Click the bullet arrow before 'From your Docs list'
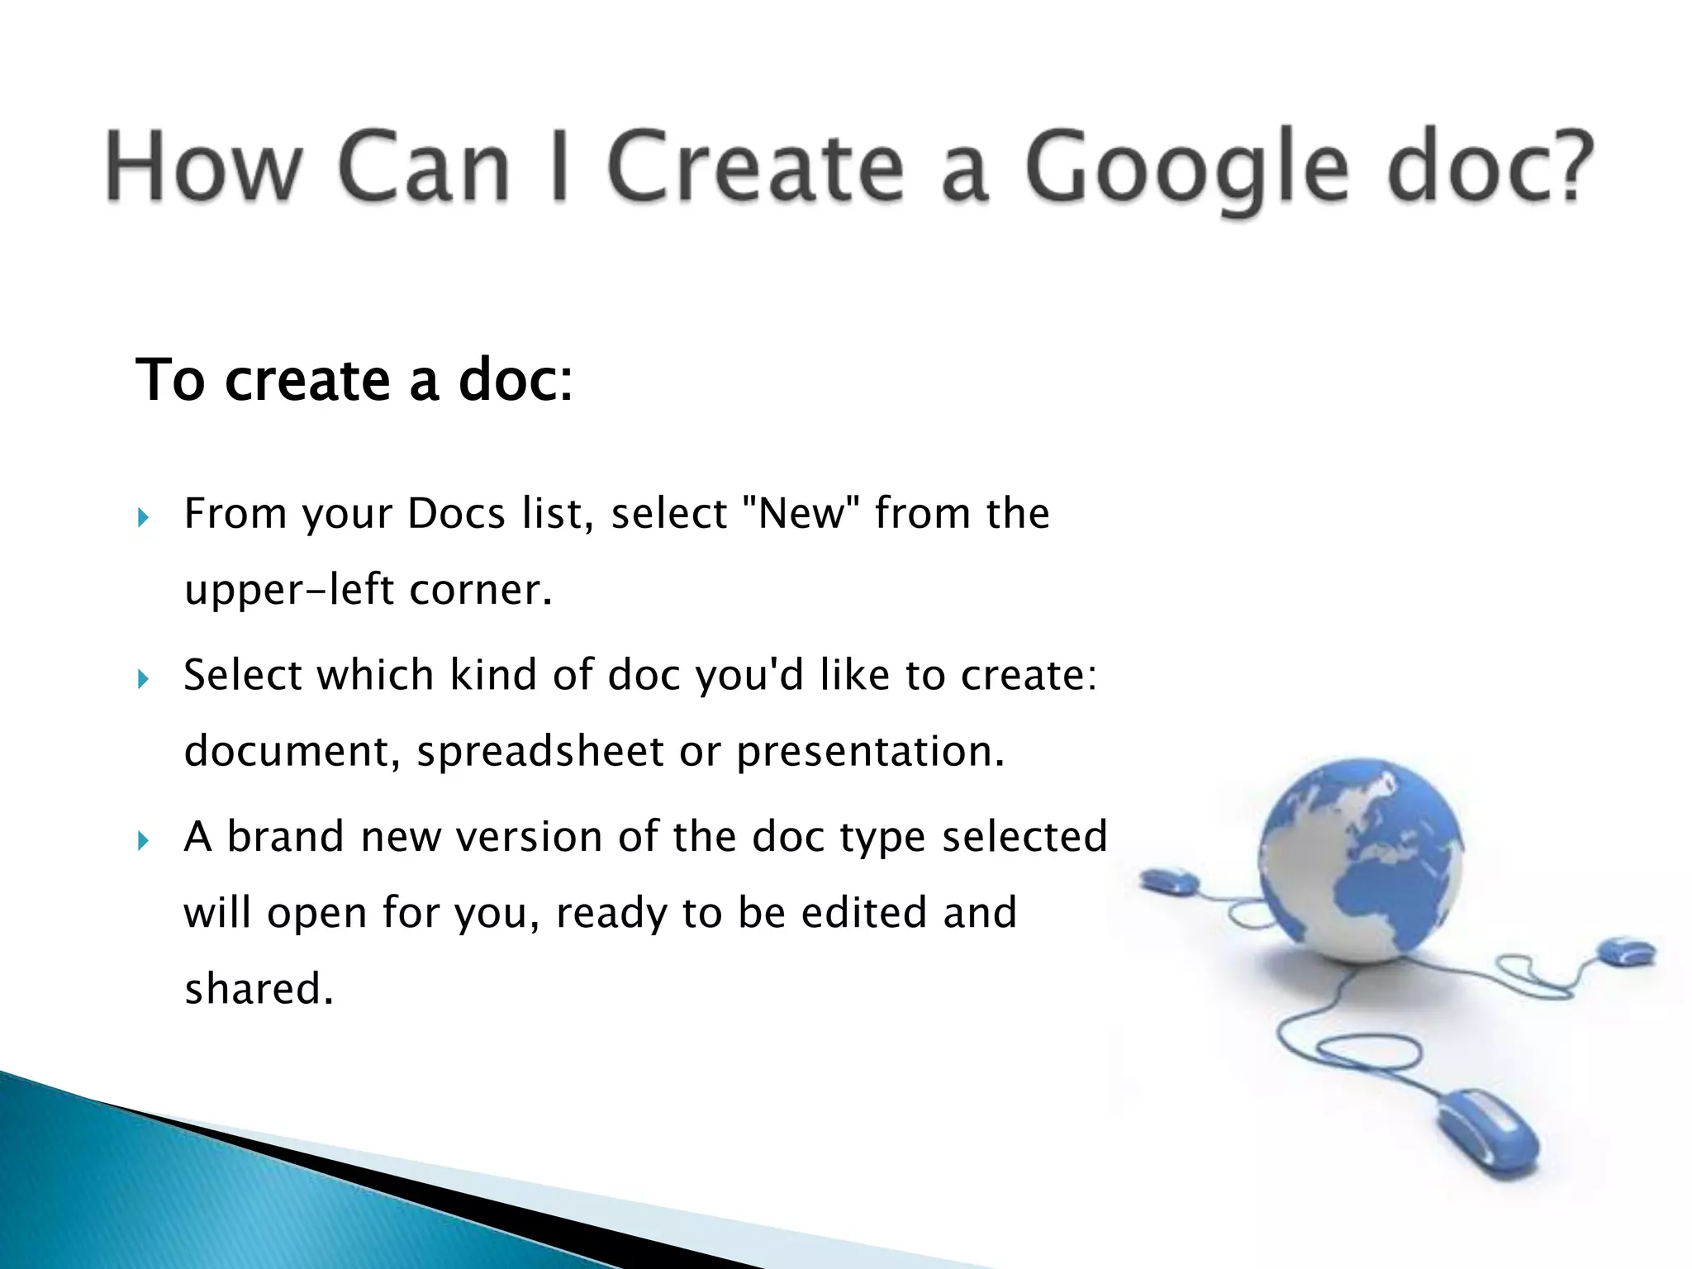click(144, 518)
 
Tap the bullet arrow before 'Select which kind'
click(144, 679)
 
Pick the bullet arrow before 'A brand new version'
click(144, 841)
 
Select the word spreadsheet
click(540, 752)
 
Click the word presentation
click(870, 752)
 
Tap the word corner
click(480, 591)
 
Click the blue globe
click(1360, 859)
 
